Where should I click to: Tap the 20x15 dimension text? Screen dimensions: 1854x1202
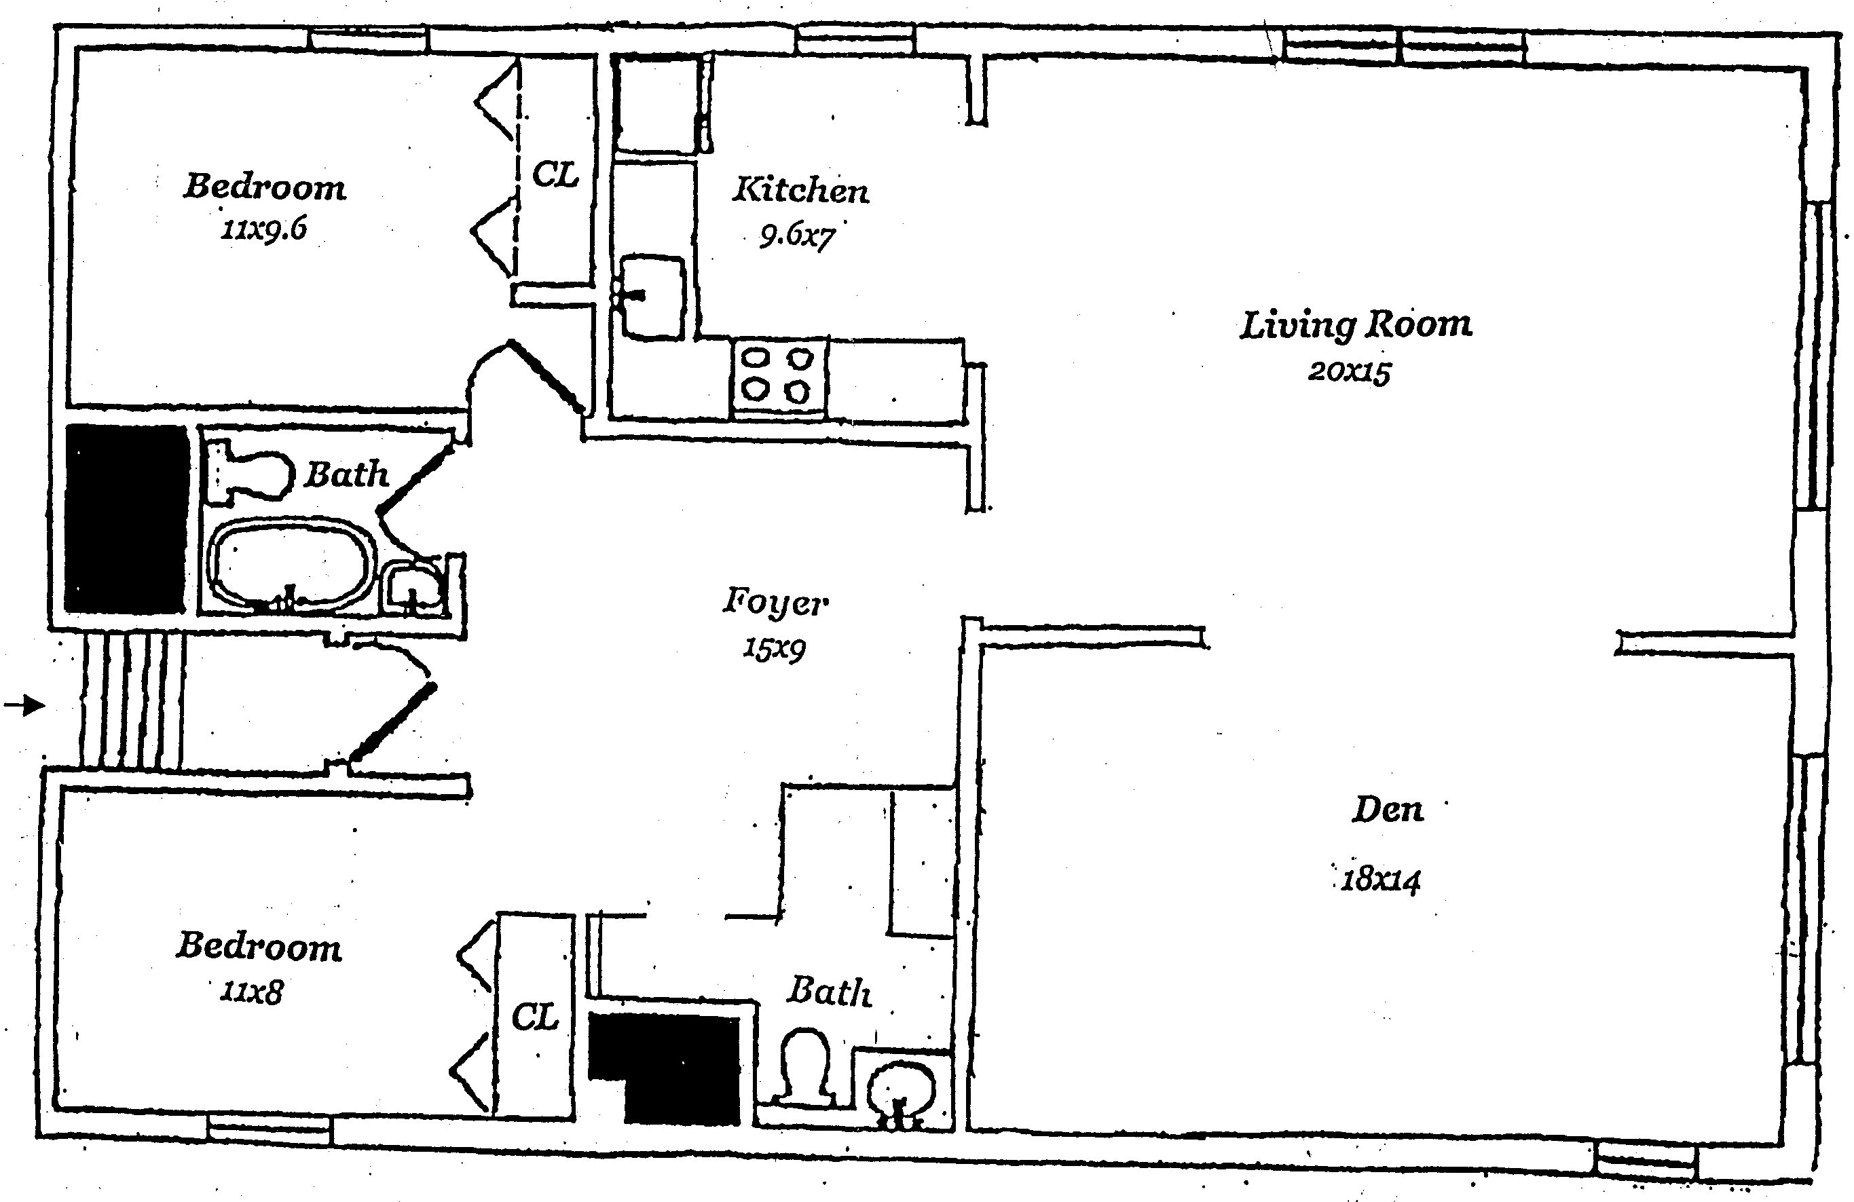(x=1349, y=371)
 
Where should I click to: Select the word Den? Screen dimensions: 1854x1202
(x=1388, y=810)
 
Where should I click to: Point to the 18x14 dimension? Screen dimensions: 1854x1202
(x=1380, y=880)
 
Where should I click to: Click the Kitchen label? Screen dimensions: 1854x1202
(x=800, y=189)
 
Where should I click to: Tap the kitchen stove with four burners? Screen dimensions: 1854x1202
(x=777, y=378)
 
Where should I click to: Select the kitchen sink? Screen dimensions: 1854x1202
(x=653, y=297)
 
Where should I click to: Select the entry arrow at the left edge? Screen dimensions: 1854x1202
(x=24, y=706)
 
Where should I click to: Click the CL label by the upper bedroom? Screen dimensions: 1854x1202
(x=555, y=174)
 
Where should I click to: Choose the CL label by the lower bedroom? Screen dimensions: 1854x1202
(x=535, y=1017)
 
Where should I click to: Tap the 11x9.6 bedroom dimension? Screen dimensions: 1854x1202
(x=263, y=229)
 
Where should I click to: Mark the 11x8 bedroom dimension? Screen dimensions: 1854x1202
(x=251, y=992)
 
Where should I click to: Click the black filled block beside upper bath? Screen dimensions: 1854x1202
(x=126, y=518)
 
